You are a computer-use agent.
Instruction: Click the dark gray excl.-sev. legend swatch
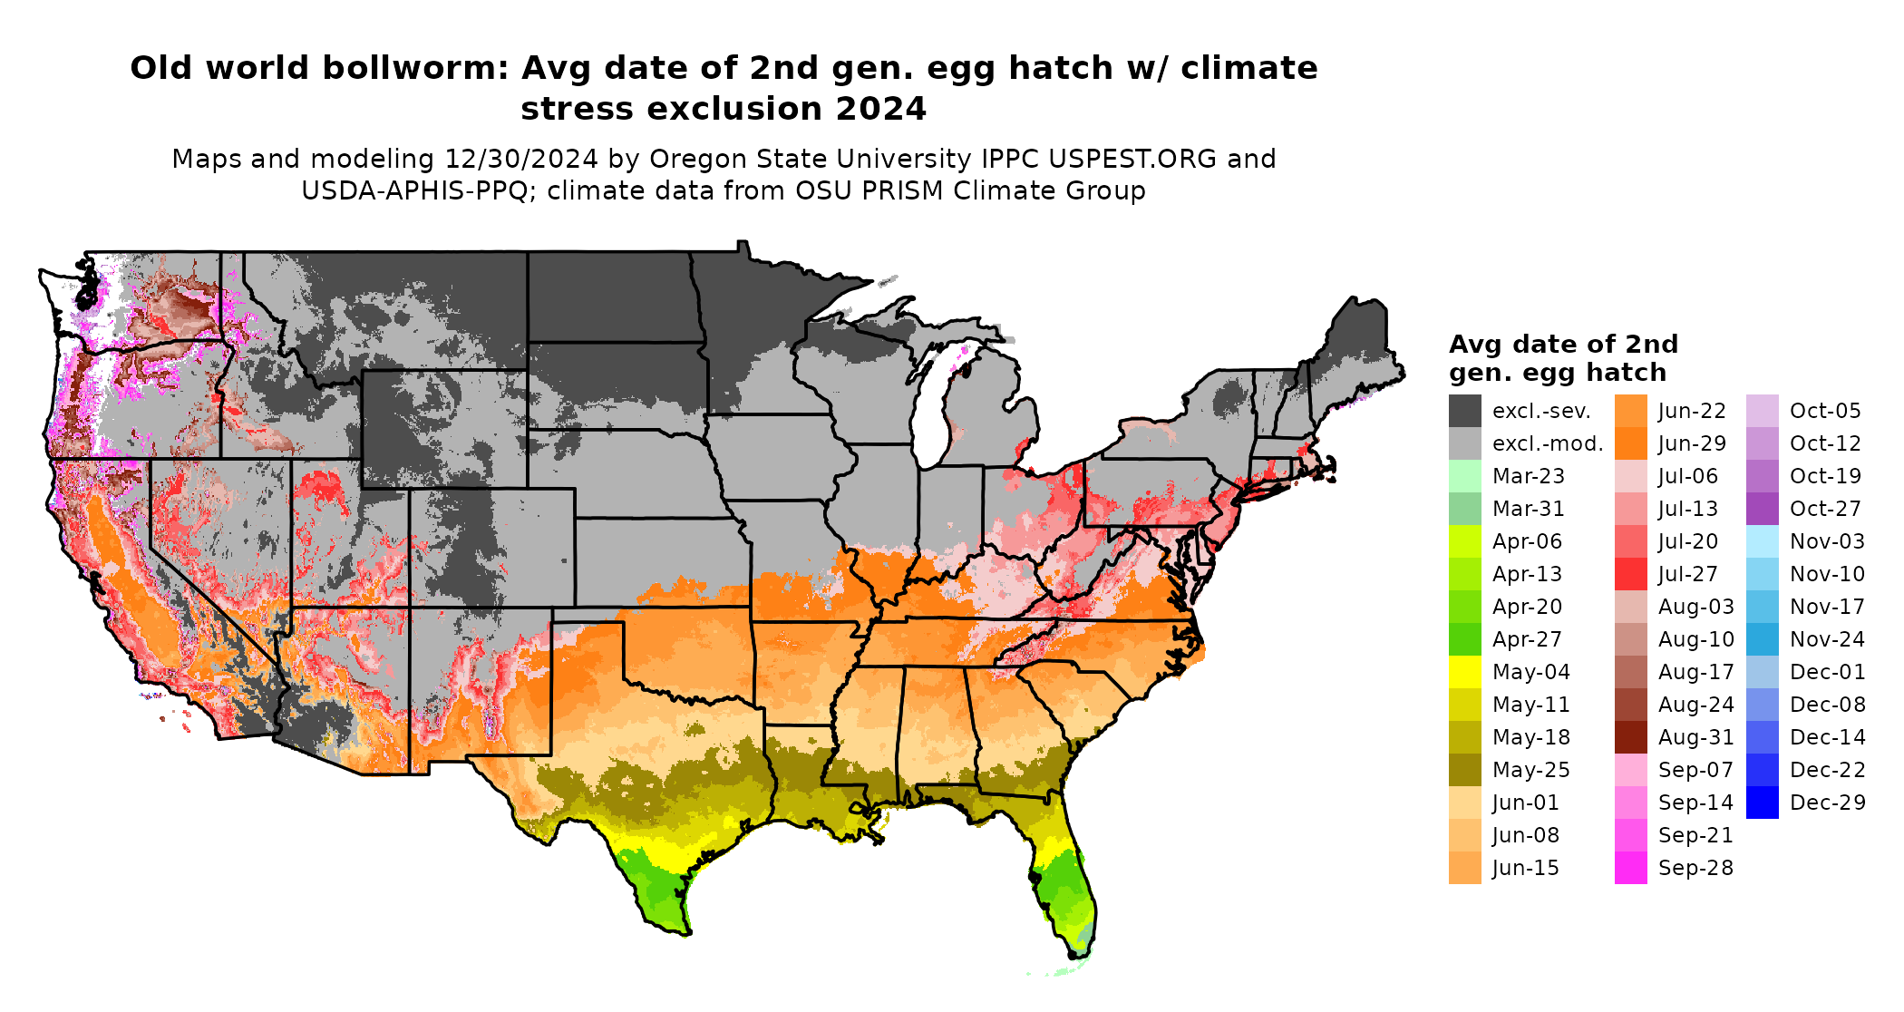click(1464, 411)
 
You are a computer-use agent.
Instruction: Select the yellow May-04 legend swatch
click(1464, 672)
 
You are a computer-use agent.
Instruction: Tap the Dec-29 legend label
click(1827, 803)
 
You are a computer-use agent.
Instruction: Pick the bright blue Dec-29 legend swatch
click(1762, 803)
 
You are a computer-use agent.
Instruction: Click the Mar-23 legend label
click(1528, 476)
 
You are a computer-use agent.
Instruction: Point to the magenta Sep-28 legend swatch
click(1630, 868)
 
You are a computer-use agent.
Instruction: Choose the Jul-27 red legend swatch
click(1630, 574)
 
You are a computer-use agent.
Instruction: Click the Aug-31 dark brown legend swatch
click(1630, 737)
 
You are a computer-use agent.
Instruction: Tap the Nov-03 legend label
click(1827, 541)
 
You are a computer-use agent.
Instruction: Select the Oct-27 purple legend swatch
click(1762, 509)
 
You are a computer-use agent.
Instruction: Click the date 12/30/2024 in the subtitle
click(520, 159)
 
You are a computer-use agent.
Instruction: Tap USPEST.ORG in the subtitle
click(1132, 159)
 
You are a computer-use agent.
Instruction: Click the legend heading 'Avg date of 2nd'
click(1563, 345)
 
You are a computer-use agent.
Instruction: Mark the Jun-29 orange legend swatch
click(1630, 443)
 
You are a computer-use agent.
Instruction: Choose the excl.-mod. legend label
click(1548, 443)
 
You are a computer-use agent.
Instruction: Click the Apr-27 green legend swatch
click(1464, 639)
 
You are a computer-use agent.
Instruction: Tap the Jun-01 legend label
click(1525, 803)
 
